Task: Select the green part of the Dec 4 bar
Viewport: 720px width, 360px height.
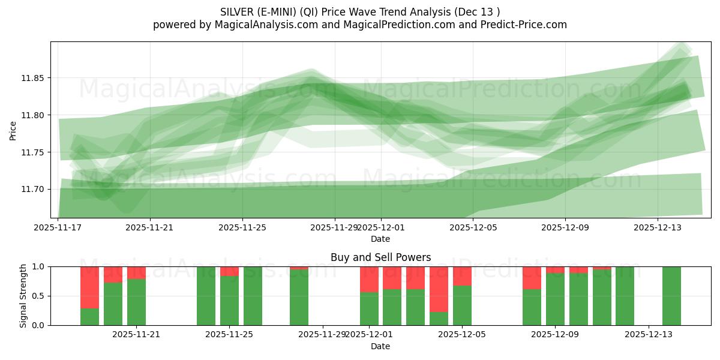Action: coord(439,319)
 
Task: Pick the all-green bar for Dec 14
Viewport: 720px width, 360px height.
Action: coord(671,296)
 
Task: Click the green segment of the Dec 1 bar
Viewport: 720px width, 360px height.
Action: coord(369,309)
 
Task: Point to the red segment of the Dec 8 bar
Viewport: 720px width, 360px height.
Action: coord(532,277)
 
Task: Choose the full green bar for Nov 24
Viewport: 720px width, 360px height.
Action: coord(206,296)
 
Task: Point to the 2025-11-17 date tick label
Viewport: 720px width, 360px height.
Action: coord(58,227)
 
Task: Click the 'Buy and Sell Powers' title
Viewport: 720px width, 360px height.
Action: coord(380,257)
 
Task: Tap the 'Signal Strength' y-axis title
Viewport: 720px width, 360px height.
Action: coord(23,296)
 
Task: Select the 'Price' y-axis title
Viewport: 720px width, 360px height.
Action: coord(13,130)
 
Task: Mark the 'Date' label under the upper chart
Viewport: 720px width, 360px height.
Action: coord(380,239)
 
